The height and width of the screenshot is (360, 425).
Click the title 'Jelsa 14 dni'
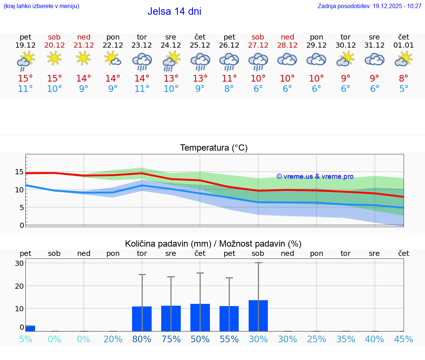[x=174, y=11]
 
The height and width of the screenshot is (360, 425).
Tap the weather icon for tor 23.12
[x=142, y=61]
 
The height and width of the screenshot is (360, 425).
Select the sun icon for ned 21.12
[x=84, y=58]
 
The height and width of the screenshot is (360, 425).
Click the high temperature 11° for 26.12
[x=229, y=78]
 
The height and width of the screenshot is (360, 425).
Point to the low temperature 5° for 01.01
[x=404, y=89]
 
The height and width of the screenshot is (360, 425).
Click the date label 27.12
[x=258, y=45]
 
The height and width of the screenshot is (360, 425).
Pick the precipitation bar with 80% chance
[x=142, y=319]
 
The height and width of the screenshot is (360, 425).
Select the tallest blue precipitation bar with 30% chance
[x=258, y=316]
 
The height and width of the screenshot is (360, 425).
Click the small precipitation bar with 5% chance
[x=30, y=328]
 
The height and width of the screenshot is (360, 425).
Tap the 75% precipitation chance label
[x=171, y=339]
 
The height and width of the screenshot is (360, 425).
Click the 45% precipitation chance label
[x=404, y=339]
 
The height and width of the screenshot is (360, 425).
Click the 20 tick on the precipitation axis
[x=19, y=286]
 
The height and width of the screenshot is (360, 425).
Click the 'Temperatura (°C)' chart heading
[x=214, y=148]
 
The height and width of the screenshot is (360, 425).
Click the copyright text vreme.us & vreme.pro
[x=315, y=176]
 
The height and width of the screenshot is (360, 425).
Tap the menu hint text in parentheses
[x=41, y=6]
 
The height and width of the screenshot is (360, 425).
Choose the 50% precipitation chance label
[x=200, y=339]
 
